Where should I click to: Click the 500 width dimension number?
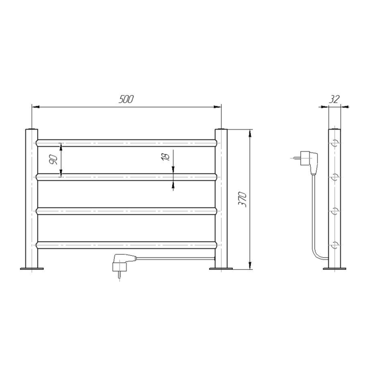tap(126, 99)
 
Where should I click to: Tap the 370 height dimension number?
tap(243, 200)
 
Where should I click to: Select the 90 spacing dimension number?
tap(53, 160)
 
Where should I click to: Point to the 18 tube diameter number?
tap(165, 157)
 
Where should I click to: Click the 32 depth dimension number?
tap(334, 99)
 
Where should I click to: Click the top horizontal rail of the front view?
tap(126, 143)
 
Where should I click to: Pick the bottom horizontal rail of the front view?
tap(126, 245)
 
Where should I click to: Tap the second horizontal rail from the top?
tap(126, 177)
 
